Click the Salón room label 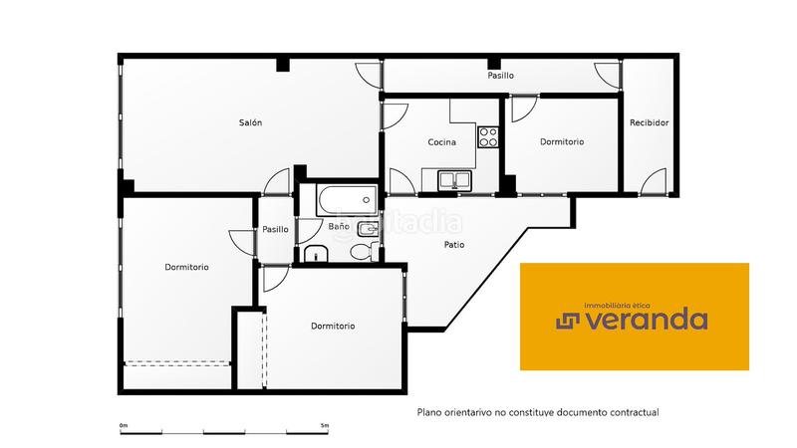[250, 122]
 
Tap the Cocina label [441, 142]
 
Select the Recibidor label [649, 122]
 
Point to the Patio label [454, 245]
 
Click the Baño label [339, 227]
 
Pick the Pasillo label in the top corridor [500, 76]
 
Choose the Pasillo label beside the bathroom [275, 229]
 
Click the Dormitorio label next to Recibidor [562, 142]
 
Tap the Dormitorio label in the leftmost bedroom [186, 267]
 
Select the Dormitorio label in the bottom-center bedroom [333, 327]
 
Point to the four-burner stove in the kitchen [488, 135]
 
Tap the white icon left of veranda [567, 320]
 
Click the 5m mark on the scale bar [325, 425]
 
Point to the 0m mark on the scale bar [124, 425]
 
